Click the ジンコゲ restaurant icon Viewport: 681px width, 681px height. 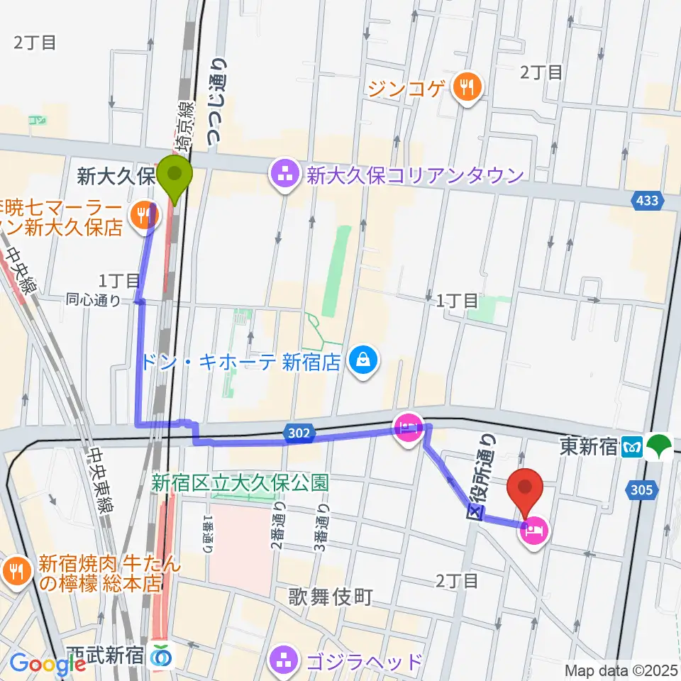click(x=467, y=88)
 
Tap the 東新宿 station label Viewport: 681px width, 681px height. click(x=587, y=448)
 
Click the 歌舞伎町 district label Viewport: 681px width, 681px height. click(x=330, y=598)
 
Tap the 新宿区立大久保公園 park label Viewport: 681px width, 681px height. click(x=240, y=483)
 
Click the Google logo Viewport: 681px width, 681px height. click(x=48, y=664)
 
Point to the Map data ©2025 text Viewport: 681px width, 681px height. click(x=621, y=670)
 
